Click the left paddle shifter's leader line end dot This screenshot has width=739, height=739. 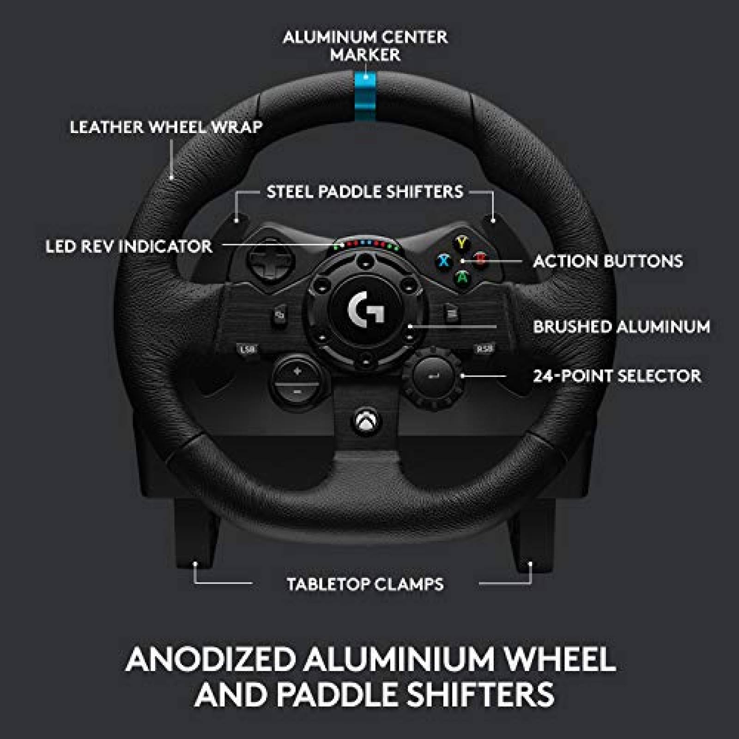(x=236, y=221)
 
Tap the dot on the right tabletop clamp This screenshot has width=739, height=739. (x=530, y=564)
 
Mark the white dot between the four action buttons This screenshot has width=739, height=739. (x=463, y=261)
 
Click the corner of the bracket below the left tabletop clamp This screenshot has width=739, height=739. (x=194, y=583)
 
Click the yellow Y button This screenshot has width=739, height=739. (x=461, y=242)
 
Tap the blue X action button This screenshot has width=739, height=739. (x=444, y=260)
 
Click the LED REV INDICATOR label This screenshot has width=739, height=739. (x=129, y=246)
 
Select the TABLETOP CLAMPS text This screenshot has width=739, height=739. (x=365, y=584)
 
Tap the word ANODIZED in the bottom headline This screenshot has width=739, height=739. (x=211, y=659)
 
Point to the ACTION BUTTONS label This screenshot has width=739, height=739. (x=608, y=261)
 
